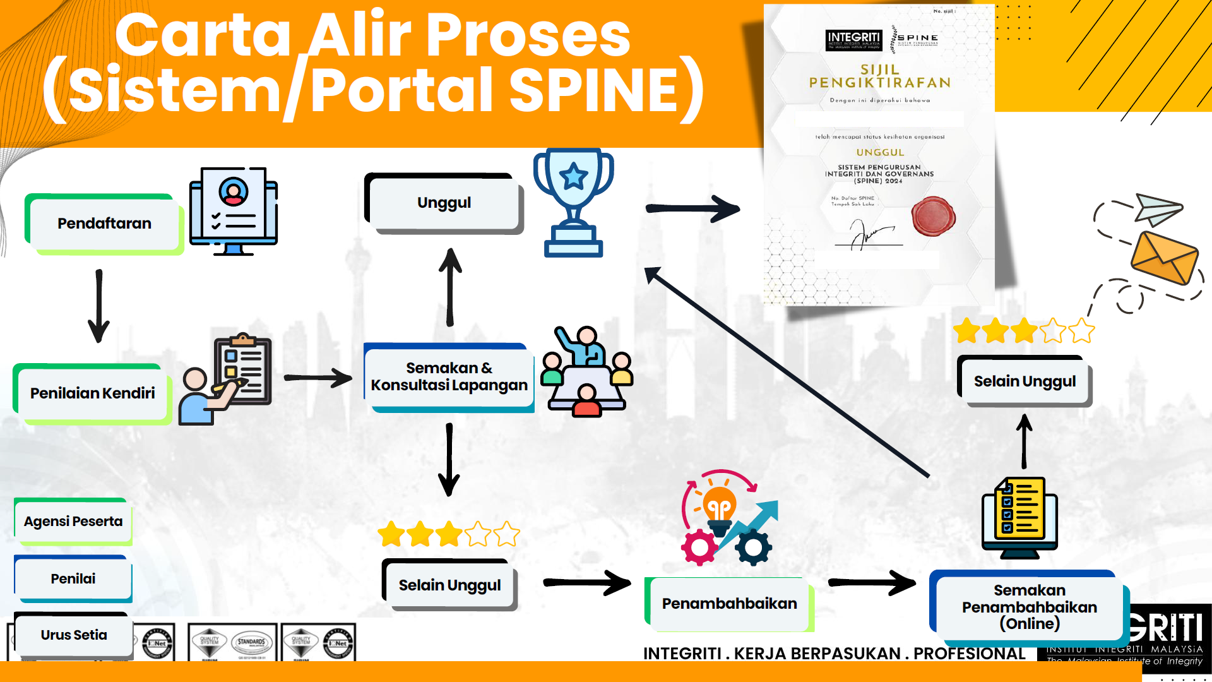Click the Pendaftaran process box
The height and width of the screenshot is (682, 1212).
[x=104, y=224]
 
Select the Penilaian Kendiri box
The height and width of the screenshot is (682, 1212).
[x=92, y=393]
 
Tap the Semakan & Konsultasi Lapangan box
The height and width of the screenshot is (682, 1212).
[x=449, y=377]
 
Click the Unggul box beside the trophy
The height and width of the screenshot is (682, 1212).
[x=444, y=203]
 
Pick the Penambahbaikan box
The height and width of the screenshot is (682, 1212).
[x=729, y=604]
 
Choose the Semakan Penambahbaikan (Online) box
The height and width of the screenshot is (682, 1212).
[x=1029, y=607]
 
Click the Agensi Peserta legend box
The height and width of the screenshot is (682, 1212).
[x=73, y=522]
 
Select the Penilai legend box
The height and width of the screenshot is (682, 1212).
[x=73, y=578]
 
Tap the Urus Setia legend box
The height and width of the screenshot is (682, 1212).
[x=74, y=635]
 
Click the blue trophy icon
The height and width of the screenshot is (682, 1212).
[x=573, y=202]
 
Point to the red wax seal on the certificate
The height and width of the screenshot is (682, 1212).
[x=933, y=216]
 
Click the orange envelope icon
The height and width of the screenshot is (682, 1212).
[x=1164, y=258]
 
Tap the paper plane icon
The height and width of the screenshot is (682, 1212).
[x=1157, y=209]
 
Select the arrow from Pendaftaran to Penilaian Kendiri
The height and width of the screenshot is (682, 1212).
[x=98, y=306]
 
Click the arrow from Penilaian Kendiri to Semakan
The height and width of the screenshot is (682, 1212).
[x=318, y=378]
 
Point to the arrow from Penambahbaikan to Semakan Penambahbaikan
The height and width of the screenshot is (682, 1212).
[x=872, y=582]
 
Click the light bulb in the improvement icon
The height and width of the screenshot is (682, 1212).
[x=719, y=505]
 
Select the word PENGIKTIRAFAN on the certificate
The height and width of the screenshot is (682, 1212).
[x=879, y=83]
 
